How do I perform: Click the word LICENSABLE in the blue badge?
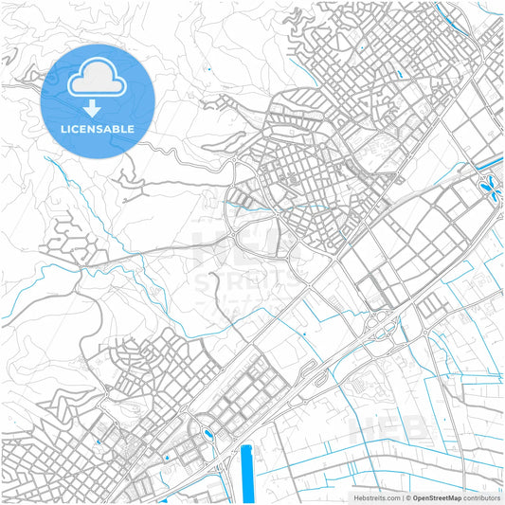pyautogui.click(x=98, y=128)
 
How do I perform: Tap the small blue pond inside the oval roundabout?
pyautogui.click(x=207, y=436)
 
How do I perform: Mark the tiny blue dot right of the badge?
pyautogui.click(x=207, y=69)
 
